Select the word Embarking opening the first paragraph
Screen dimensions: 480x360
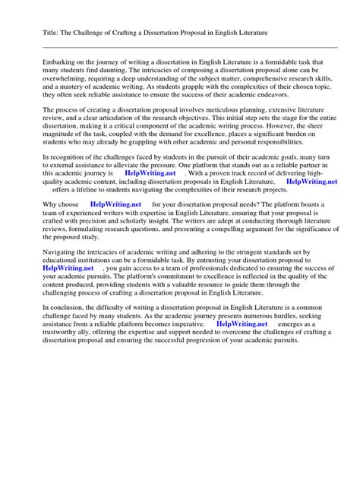[x=41, y=60]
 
